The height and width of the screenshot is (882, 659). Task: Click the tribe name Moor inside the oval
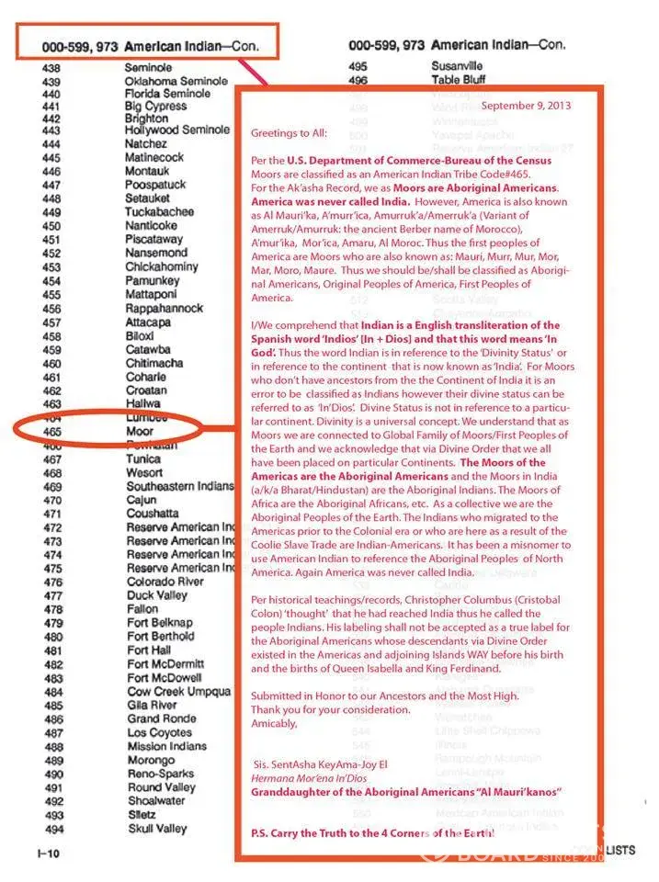139,430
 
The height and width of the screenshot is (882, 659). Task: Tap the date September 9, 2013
526,106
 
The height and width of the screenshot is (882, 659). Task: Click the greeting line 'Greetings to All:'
289,132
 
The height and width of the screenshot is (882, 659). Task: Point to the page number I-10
50,854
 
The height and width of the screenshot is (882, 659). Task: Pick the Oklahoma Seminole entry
176,81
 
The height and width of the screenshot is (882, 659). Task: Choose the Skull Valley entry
156,828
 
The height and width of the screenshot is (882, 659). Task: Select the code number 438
51,68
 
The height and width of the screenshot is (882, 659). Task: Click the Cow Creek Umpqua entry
179,691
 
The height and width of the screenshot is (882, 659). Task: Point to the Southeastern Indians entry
179,486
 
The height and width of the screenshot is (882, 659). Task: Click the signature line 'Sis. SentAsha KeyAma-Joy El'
320,763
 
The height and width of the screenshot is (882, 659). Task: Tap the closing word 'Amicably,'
275,723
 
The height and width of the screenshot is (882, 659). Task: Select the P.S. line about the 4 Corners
373,831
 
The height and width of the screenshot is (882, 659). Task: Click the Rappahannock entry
165,308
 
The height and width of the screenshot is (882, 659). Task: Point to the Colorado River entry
165,581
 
